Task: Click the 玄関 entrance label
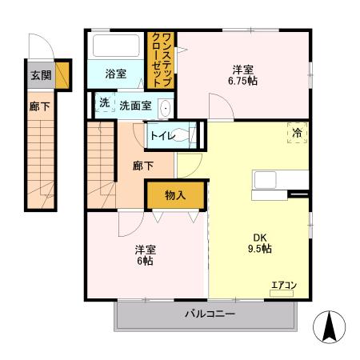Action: pos(40,76)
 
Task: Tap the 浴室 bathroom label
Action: pos(116,74)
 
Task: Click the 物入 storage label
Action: pos(174,194)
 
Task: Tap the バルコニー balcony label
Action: pos(211,314)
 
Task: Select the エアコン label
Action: pos(283,285)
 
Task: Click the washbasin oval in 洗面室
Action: pos(165,107)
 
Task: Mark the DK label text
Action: pos(261,237)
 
